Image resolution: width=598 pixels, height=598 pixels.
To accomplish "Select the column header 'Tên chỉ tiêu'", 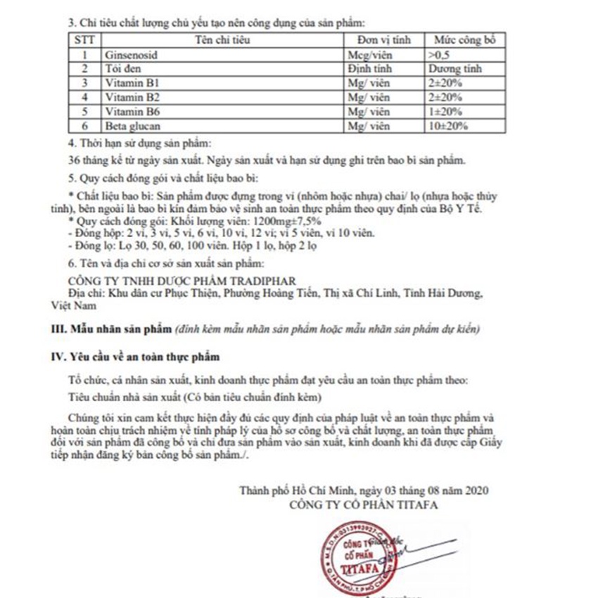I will pos(220,40).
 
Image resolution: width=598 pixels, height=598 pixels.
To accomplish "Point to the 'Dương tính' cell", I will pos(454,68).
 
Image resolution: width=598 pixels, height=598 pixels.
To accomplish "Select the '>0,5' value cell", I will pos(437,54).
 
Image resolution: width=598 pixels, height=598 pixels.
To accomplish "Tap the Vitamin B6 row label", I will pos(131,111).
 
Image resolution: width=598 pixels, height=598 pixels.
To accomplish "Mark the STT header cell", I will pos(84,40).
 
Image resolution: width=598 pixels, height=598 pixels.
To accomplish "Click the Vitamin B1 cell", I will pos(129,82).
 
